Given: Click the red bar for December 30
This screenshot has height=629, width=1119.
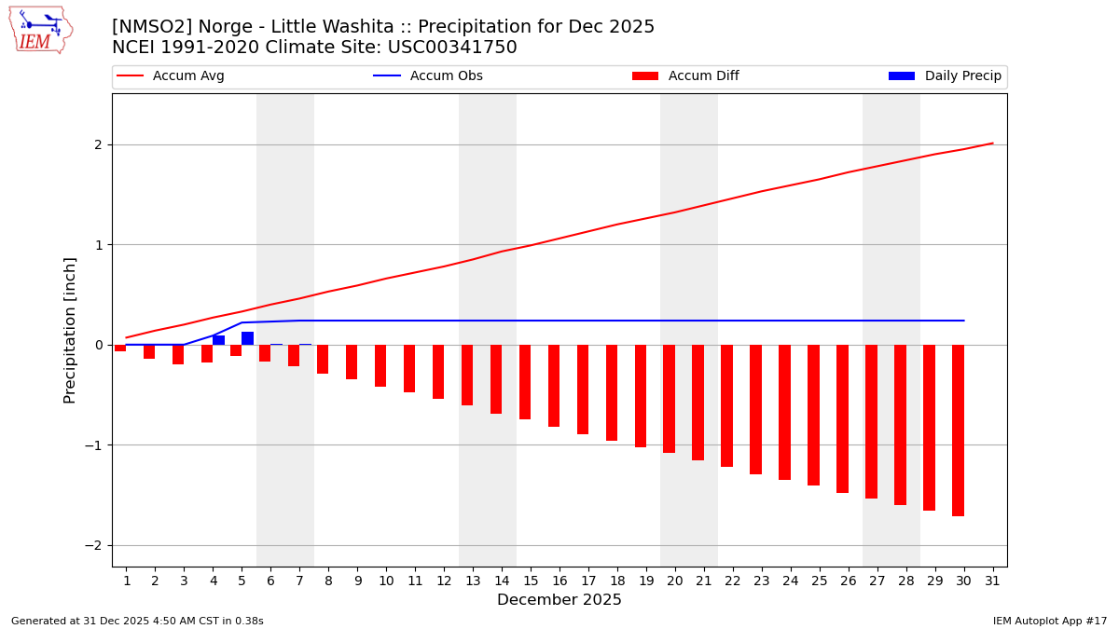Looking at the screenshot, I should click(958, 430).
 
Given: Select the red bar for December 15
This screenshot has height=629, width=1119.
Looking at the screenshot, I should click(525, 382).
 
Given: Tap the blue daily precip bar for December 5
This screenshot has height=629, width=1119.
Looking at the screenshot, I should click(247, 338).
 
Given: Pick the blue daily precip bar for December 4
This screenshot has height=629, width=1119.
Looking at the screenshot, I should click(218, 340).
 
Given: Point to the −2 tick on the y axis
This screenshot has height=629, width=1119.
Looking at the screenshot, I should click(97, 545).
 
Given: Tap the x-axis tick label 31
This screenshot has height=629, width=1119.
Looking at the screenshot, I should click(992, 581).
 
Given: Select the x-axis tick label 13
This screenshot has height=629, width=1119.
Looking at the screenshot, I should click(473, 581).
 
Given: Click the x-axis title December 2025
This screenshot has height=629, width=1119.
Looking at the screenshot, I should click(559, 600).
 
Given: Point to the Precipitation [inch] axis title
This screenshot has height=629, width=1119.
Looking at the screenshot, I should click(71, 330).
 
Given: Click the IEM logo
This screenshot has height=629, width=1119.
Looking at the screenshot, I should click(40, 30).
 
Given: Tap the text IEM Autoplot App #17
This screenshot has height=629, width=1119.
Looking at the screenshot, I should click(1050, 621).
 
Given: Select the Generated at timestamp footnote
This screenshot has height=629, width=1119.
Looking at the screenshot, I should click(137, 621).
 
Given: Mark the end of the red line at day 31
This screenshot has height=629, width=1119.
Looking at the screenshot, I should click(992, 144).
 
